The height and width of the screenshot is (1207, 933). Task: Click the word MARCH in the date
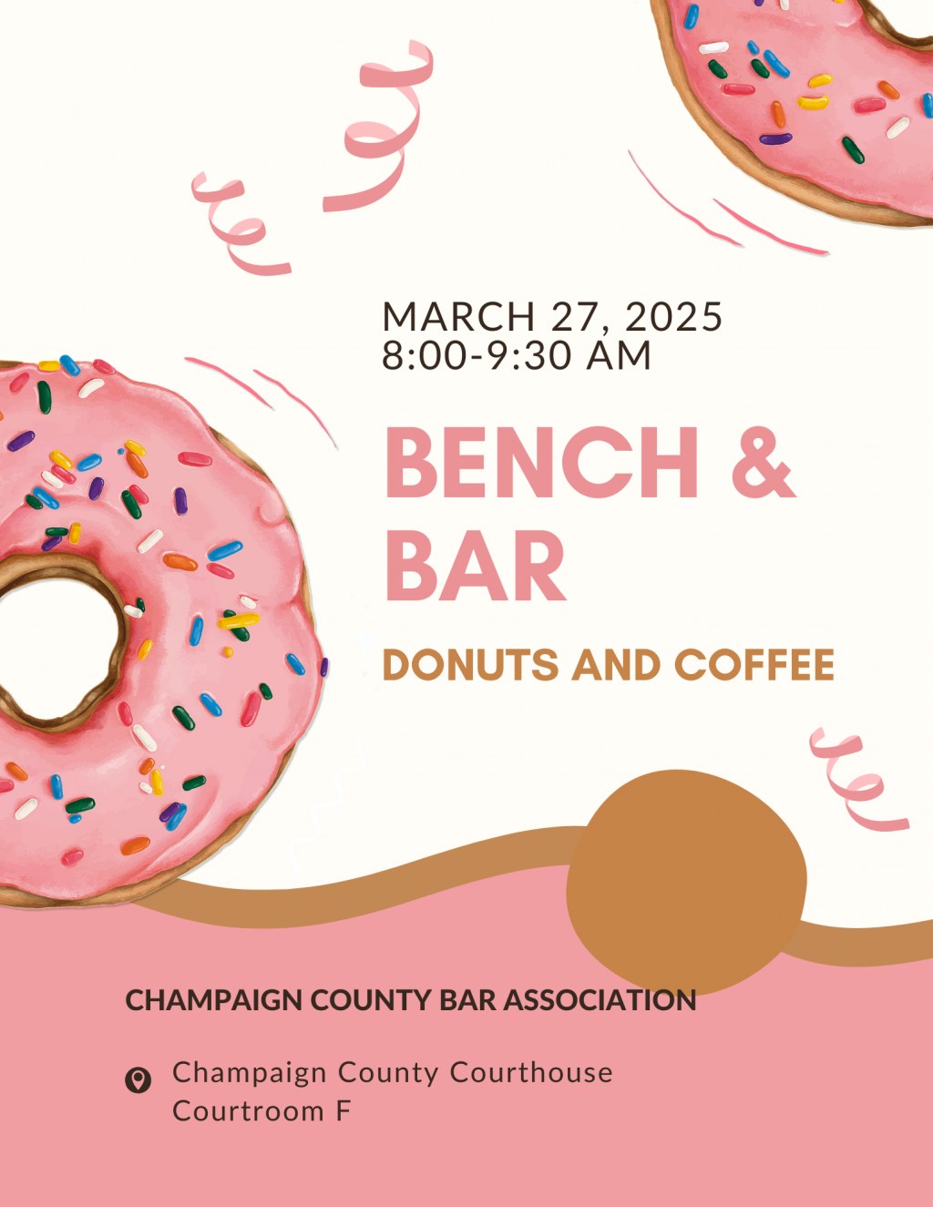click(458, 317)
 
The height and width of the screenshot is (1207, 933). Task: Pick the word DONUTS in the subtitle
click(470, 665)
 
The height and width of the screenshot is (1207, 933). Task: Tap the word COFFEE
click(754, 665)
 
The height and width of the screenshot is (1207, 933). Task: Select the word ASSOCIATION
click(600, 1000)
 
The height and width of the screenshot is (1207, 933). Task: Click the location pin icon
click(138, 1080)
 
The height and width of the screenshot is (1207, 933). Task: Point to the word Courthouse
click(531, 1072)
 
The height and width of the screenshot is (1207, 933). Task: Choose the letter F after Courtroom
click(343, 1111)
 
